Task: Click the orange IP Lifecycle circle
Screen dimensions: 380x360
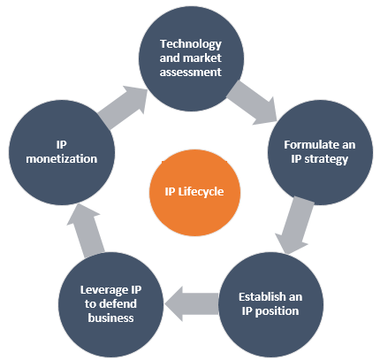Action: tap(194, 193)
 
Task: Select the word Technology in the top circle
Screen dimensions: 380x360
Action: tap(191, 44)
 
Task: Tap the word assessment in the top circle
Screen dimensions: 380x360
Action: tap(191, 73)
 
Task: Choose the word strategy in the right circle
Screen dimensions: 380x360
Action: tap(326, 159)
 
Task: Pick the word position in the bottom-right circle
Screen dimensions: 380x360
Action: tap(277, 311)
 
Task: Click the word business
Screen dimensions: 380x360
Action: tap(110, 318)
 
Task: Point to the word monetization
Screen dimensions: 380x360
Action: tap(62, 159)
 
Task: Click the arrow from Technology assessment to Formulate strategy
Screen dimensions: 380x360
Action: tap(252, 103)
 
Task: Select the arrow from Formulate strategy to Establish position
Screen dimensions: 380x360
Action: tap(294, 226)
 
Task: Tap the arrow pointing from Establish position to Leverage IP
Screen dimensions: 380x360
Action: tap(192, 303)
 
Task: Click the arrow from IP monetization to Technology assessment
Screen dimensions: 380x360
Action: tap(123, 108)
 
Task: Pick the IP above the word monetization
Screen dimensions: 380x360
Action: tap(62, 145)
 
